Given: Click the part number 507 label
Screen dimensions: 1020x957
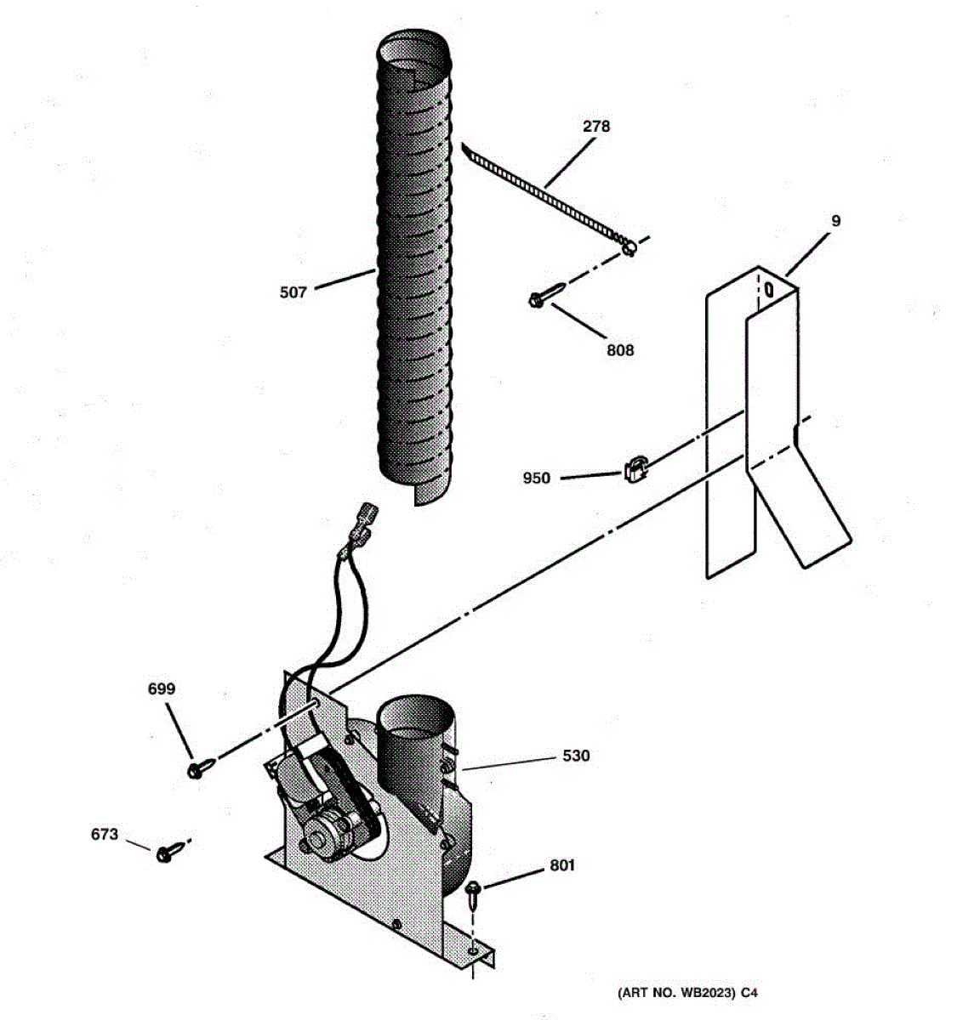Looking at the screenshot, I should [293, 293].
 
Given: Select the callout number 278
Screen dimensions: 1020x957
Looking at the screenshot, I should [596, 127].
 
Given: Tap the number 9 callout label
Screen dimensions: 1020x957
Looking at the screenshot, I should [835, 221].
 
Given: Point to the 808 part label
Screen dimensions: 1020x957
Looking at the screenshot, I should [620, 350].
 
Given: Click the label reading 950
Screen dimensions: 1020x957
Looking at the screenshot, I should [537, 479].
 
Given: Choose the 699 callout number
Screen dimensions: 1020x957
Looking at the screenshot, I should [162, 689].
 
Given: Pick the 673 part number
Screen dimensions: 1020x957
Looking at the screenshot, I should [105, 835].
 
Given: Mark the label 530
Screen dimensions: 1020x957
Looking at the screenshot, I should [576, 756].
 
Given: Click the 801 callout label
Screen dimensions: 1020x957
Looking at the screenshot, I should [561, 865].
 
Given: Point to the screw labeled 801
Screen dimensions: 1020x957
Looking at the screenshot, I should [473, 889].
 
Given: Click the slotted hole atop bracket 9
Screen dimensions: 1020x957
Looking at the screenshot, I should [769, 288].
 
